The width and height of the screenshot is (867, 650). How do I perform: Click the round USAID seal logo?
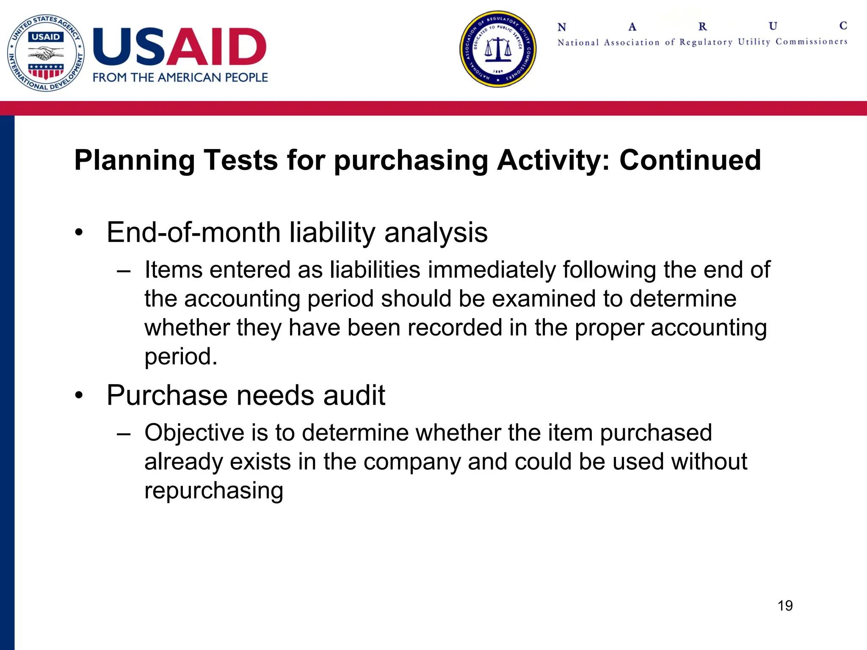click(46, 53)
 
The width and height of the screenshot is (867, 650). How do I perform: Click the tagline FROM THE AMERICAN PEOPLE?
click(180, 78)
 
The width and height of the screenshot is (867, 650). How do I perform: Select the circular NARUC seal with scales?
click(498, 49)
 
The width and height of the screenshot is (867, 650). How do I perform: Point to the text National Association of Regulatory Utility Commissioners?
click(702, 42)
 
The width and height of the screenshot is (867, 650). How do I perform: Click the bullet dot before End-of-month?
click(79, 233)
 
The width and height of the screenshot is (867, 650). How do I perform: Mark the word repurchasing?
click(214, 491)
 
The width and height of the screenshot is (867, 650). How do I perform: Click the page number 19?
click(785, 606)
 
